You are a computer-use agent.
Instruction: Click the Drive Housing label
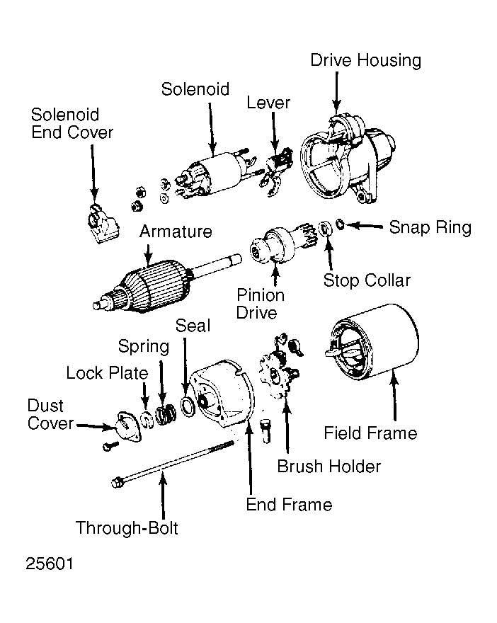tap(365, 60)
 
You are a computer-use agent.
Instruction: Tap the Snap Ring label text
tap(430, 227)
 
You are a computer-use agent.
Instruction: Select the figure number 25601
tap(50, 564)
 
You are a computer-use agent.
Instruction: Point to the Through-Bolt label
tap(127, 528)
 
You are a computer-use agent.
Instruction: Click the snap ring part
tap(340, 224)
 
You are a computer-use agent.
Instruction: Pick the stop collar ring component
tap(326, 229)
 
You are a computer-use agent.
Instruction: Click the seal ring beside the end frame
tap(188, 406)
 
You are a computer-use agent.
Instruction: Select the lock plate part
tap(147, 421)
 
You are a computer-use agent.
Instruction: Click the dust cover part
tap(128, 426)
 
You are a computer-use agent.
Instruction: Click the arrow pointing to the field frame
tap(394, 395)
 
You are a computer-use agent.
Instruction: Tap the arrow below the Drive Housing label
tap(336, 93)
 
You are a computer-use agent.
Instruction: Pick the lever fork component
tap(275, 171)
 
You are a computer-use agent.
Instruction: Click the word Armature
tap(176, 232)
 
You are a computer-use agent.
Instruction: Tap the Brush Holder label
tap(329, 467)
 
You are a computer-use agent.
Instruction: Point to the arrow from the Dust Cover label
tap(96, 426)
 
